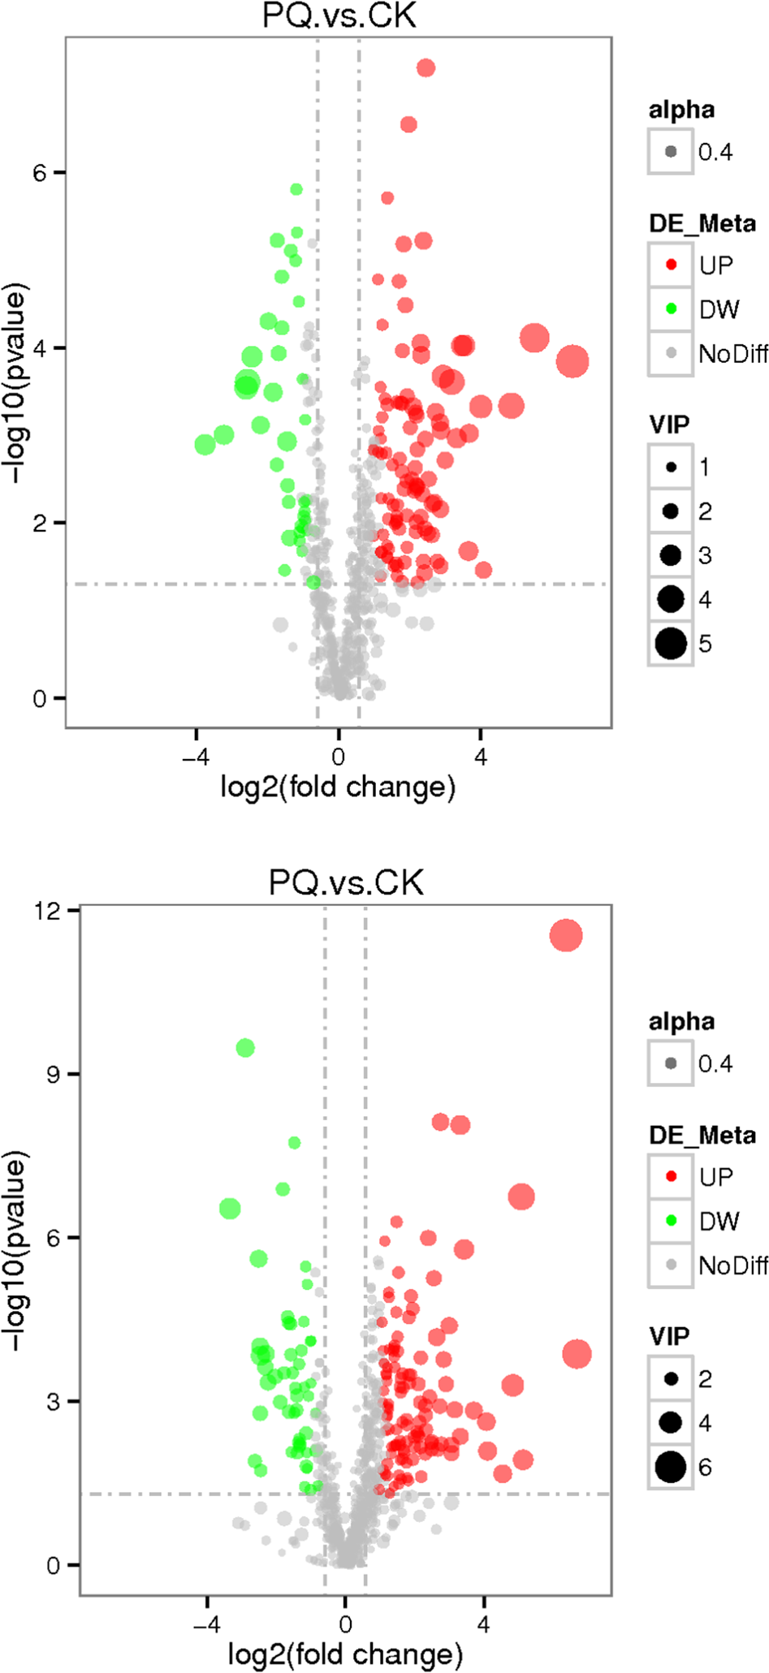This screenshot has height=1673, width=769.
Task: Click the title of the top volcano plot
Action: [339, 15]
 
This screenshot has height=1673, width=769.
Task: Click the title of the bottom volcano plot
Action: [346, 882]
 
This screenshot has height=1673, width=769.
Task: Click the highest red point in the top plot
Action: [426, 68]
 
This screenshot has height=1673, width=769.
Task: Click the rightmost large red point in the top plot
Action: [572, 361]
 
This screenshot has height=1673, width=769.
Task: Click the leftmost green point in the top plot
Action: [205, 445]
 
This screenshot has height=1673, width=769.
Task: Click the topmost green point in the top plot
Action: [296, 189]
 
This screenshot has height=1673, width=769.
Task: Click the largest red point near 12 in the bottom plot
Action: [566, 935]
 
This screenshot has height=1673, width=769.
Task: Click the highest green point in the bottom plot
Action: [245, 1048]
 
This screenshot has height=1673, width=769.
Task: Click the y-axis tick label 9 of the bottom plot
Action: [53, 1075]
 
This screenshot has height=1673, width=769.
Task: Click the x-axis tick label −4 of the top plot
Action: [195, 757]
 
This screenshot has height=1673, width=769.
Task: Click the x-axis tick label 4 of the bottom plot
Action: [484, 1624]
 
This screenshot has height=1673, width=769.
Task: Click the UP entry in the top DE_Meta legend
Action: [715, 265]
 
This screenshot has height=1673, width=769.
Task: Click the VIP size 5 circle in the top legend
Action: [671, 644]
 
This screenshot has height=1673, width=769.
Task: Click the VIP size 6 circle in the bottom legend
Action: [671, 1467]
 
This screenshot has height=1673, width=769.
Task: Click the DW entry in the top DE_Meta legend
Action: [719, 309]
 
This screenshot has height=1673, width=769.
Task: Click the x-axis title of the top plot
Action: [338, 787]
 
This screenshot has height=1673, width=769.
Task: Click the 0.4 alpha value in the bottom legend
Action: [715, 1063]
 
